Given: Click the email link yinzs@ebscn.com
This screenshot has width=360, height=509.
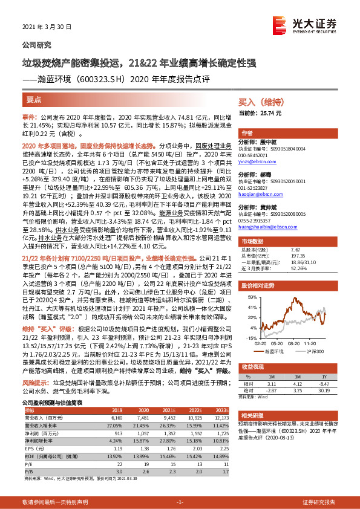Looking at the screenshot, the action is [259, 162].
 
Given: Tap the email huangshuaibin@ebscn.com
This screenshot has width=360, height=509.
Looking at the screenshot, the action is [267, 228].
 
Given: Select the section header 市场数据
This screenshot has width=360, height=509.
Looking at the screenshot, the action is [251, 258].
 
